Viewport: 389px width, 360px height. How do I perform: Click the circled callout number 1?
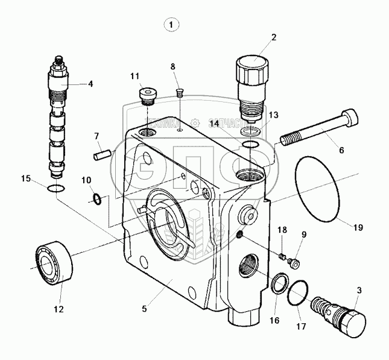tap(172, 25)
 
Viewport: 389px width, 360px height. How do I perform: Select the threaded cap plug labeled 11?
tap(147, 96)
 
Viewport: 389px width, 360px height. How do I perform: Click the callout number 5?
tap(144, 310)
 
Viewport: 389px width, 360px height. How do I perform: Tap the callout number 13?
tap(273, 115)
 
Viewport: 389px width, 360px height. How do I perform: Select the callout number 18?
tap(280, 230)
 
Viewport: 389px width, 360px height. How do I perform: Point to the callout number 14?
tap(213, 124)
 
